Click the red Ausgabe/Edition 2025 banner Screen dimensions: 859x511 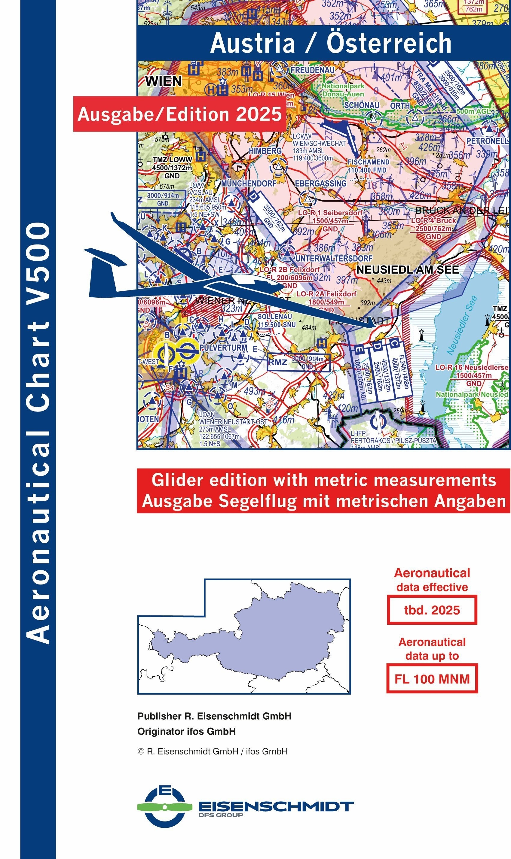click(x=179, y=114)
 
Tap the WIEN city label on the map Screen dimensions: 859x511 click(x=163, y=81)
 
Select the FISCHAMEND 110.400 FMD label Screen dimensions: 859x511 click(x=368, y=166)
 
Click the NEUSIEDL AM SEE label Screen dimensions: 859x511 click(x=407, y=270)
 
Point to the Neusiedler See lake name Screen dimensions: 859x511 click(x=462, y=325)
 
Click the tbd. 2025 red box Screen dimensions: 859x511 click(x=432, y=610)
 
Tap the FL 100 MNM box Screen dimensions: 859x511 click(x=432, y=679)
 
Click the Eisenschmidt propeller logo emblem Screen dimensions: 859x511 click(x=165, y=807)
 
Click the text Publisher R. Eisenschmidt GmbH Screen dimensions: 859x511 click(x=214, y=716)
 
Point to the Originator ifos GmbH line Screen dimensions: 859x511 click(x=186, y=731)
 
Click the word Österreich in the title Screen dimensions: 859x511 click(x=389, y=43)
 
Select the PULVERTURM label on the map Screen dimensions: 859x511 click(x=223, y=348)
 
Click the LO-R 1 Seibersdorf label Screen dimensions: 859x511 click(x=330, y=213)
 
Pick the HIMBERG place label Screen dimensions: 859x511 click(x=265, y=151)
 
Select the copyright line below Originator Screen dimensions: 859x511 click(x=212, y=751)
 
